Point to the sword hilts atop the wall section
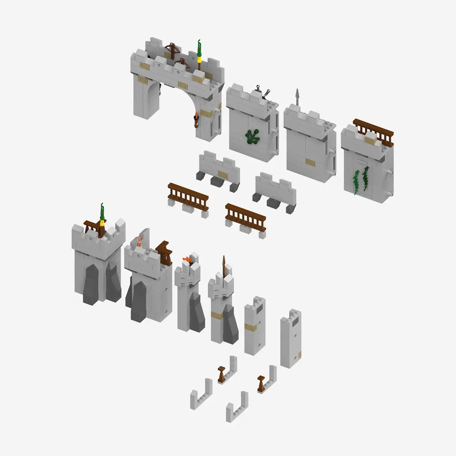coord(263,90)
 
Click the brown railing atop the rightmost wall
coord(373,129)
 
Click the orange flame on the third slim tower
coord(187,260)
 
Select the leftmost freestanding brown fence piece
coord(188,195)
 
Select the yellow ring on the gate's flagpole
coord(199,59)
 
